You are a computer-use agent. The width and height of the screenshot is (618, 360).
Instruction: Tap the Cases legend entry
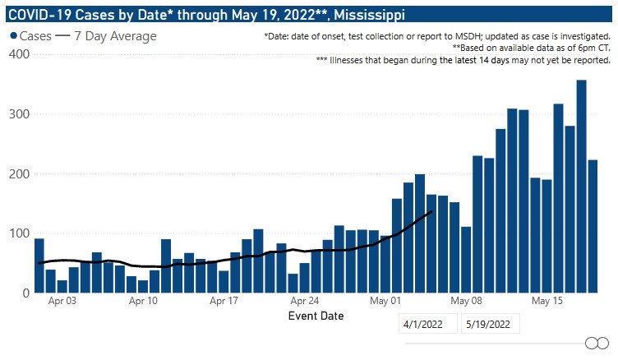coord(30,36)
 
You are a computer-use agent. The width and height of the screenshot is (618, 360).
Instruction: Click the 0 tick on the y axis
coord(25,293)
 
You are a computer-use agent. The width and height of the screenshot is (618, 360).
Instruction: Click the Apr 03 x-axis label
coord(62,301)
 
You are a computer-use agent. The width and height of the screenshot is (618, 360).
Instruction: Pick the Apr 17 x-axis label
coord(224,301)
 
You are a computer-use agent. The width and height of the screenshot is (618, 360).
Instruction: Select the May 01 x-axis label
coord(385,301)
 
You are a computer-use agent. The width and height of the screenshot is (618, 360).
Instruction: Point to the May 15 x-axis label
coord(547,301)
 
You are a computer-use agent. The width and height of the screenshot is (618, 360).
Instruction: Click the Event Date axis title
coord(316,316)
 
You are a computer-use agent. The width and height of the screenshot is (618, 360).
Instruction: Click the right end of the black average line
coord(431,212)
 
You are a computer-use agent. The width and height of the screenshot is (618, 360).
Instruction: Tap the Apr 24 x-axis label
coord(304,301)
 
